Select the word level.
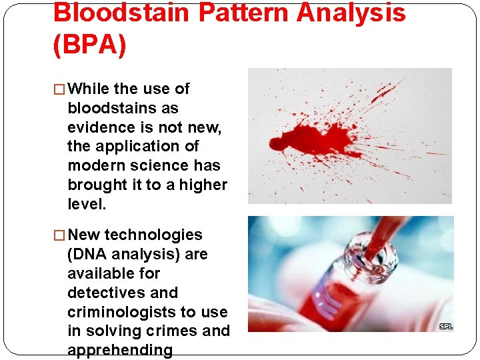[87, 204]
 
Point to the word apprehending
[120, 350]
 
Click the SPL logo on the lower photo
[446, 326]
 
